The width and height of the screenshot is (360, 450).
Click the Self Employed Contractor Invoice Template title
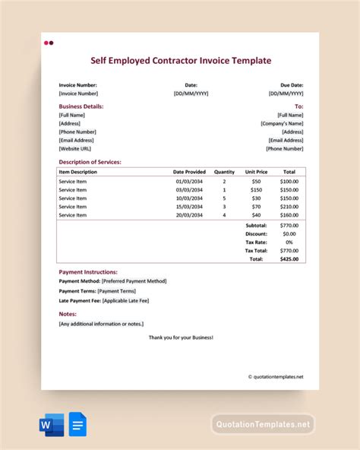[x=180, y=60]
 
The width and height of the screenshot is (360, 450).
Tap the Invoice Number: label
[x=78, y=84]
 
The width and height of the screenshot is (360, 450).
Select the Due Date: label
[x=292, y=84]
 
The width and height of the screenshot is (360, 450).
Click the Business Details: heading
[x=81, y=106]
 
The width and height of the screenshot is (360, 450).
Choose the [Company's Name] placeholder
[x=282, y=123]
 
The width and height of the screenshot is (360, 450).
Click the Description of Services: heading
[x=90, y=161]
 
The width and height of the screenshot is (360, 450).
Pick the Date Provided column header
[x=189, y=173]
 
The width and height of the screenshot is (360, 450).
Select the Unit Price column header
[x=256, y=173]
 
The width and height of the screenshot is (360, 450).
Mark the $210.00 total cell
[x=289, y=207]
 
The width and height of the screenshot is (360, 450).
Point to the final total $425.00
[x=289, y=259]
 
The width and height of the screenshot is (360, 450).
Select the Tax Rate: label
[x=254, y=242]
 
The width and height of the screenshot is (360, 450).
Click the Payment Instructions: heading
[x=88, y=271]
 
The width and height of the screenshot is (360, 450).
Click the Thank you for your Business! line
[x=181, y=336]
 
